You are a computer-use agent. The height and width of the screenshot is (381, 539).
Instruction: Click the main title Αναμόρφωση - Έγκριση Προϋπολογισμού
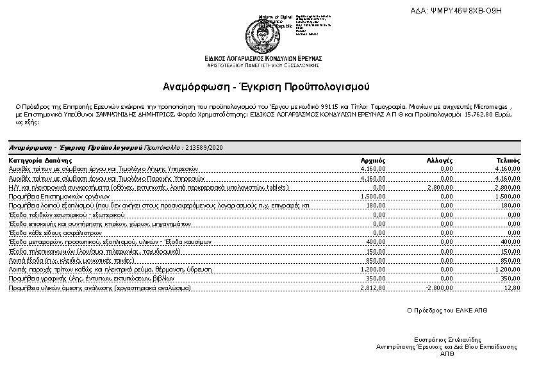pyautogui.click(x=266, y=86)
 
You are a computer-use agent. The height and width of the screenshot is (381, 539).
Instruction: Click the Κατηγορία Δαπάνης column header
pyautogui.click(x=40, y=160)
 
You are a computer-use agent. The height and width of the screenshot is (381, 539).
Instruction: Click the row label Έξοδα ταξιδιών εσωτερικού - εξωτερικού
pyautogui.click(x=60, y=215)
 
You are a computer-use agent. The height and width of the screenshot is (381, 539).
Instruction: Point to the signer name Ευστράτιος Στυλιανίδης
pyautogui.click(x=447, y=340)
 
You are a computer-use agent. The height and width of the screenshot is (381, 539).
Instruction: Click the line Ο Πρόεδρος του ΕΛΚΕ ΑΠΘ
pyautogui.click(x=447, y=309)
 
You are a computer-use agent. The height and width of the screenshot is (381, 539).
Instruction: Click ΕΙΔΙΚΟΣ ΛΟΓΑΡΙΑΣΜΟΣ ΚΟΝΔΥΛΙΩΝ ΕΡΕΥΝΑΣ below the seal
pyautogui.click(x=263, y=58)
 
